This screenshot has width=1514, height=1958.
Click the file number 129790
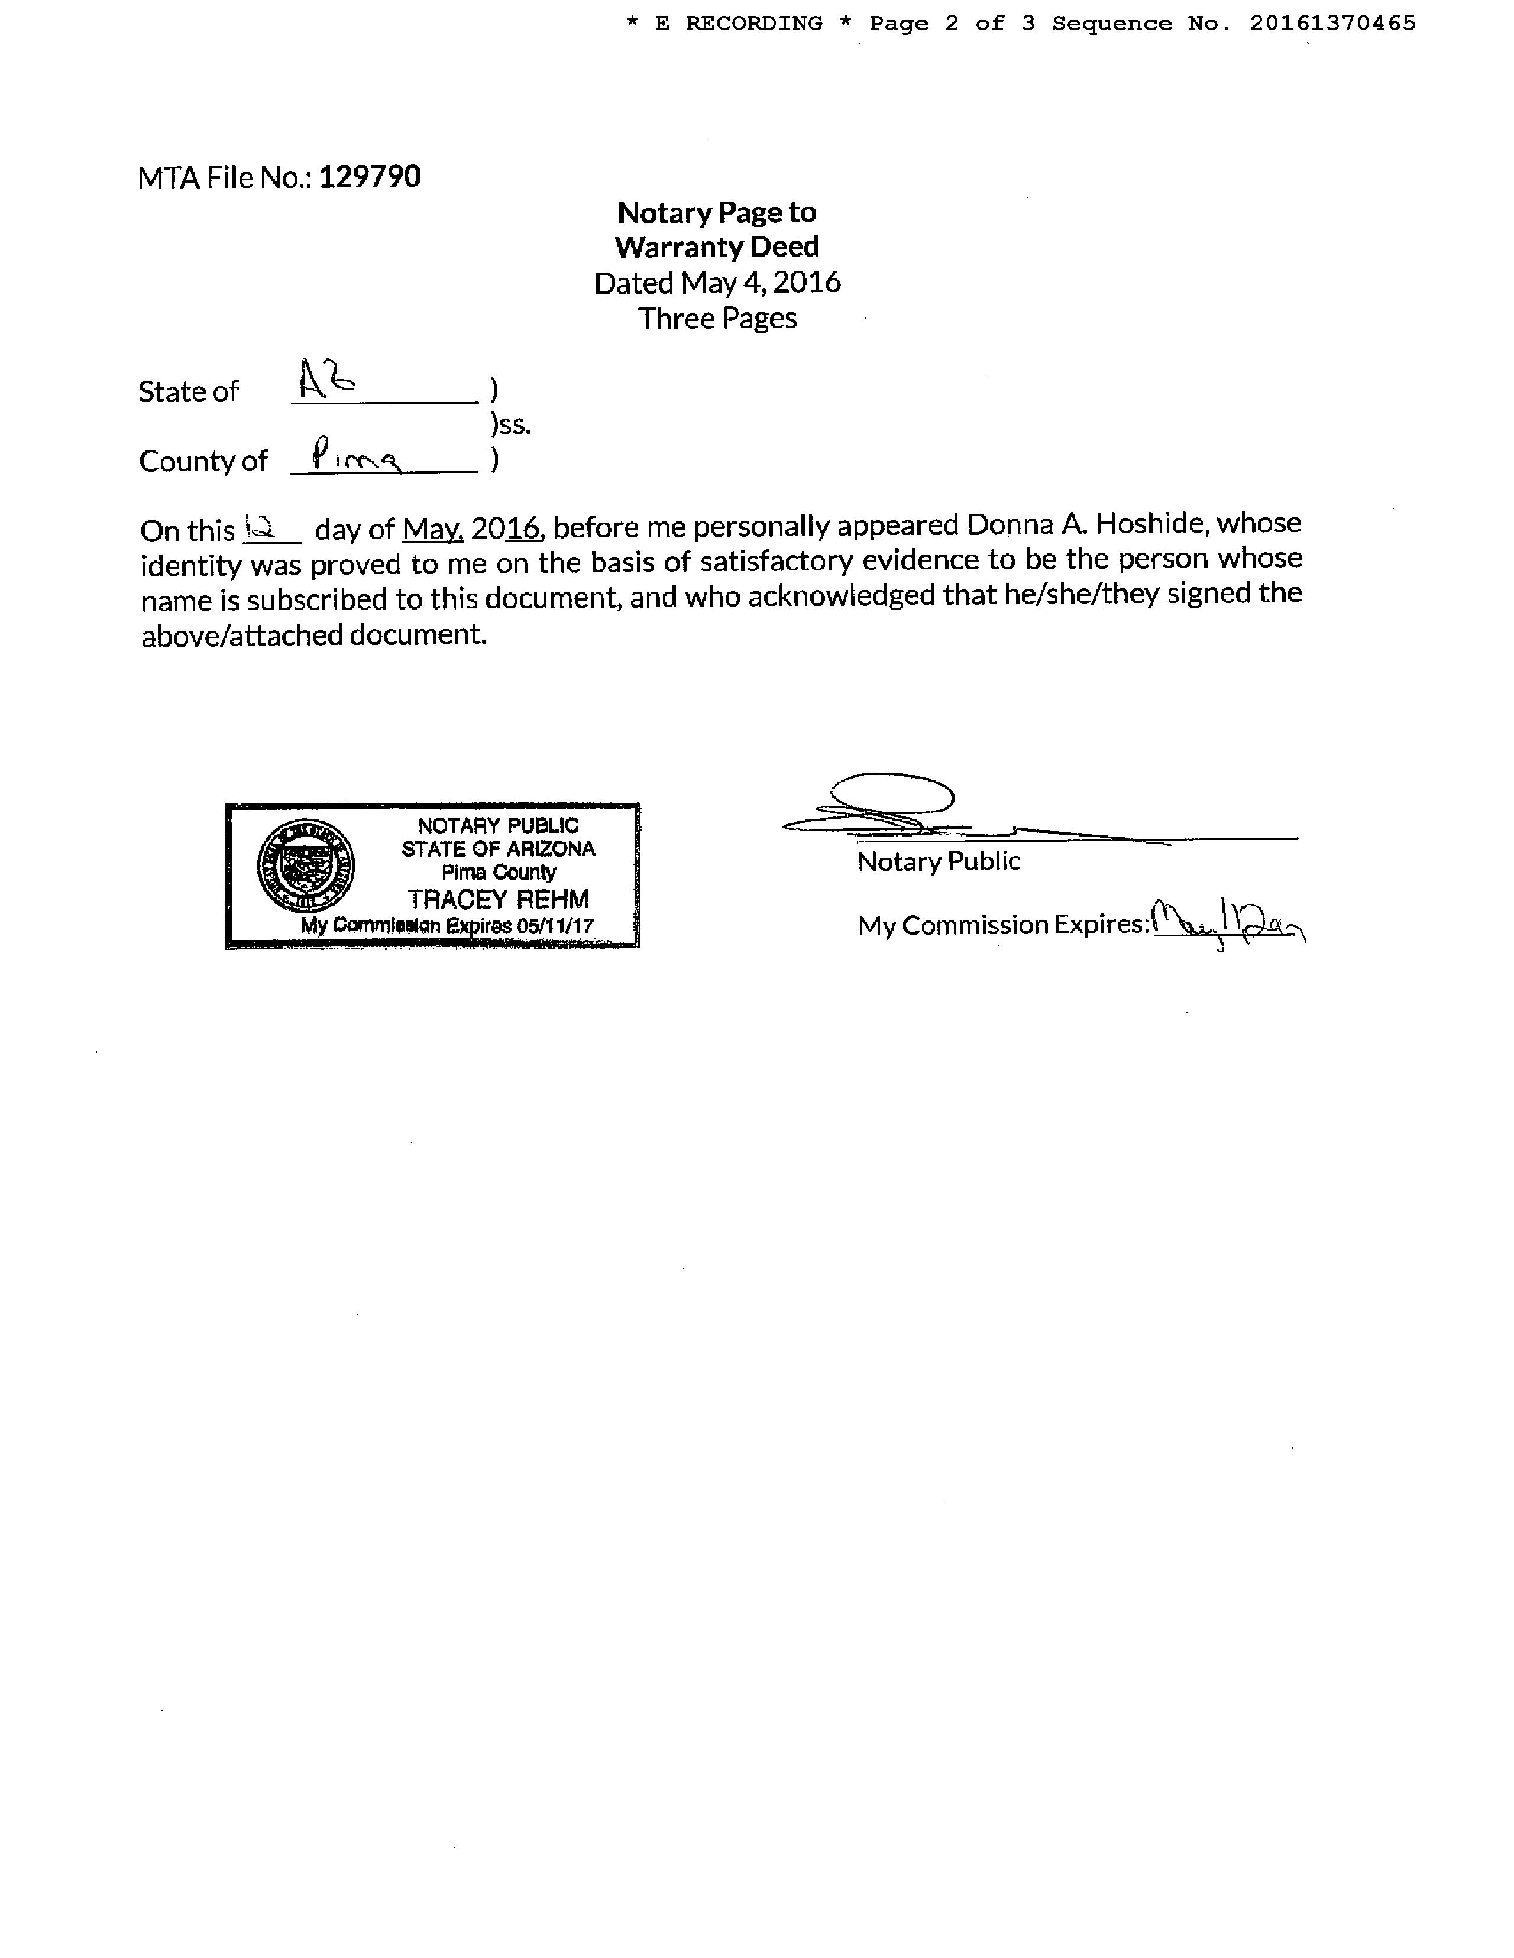(x=370, y=177)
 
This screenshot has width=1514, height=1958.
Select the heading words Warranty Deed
(x=717, y=247)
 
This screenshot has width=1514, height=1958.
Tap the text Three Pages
(x=717, y=318)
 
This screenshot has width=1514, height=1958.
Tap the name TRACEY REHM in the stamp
(x=498, y=899)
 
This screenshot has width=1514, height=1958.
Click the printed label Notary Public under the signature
(x=938, y=861)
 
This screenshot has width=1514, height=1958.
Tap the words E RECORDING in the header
(x=738, y=23)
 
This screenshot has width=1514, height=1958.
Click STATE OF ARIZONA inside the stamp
(x=498, y=849)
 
